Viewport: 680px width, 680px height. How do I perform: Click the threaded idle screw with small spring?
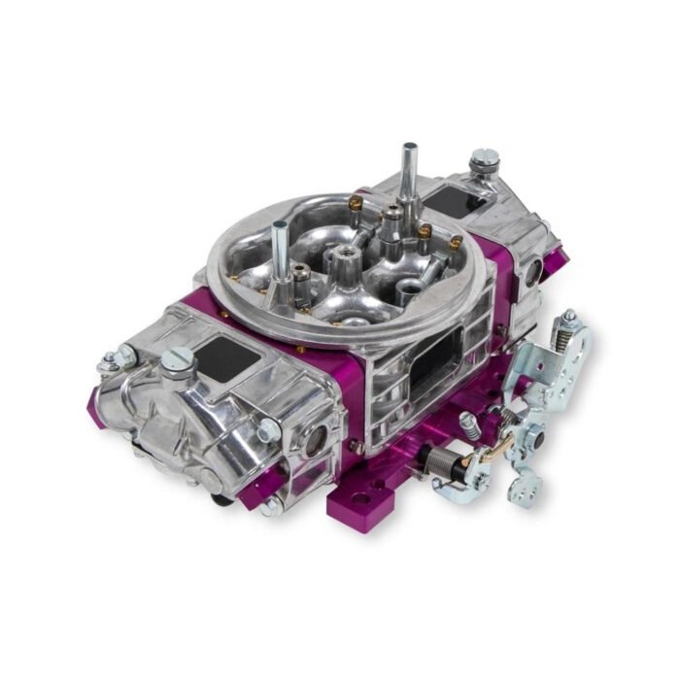click(469, 425)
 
